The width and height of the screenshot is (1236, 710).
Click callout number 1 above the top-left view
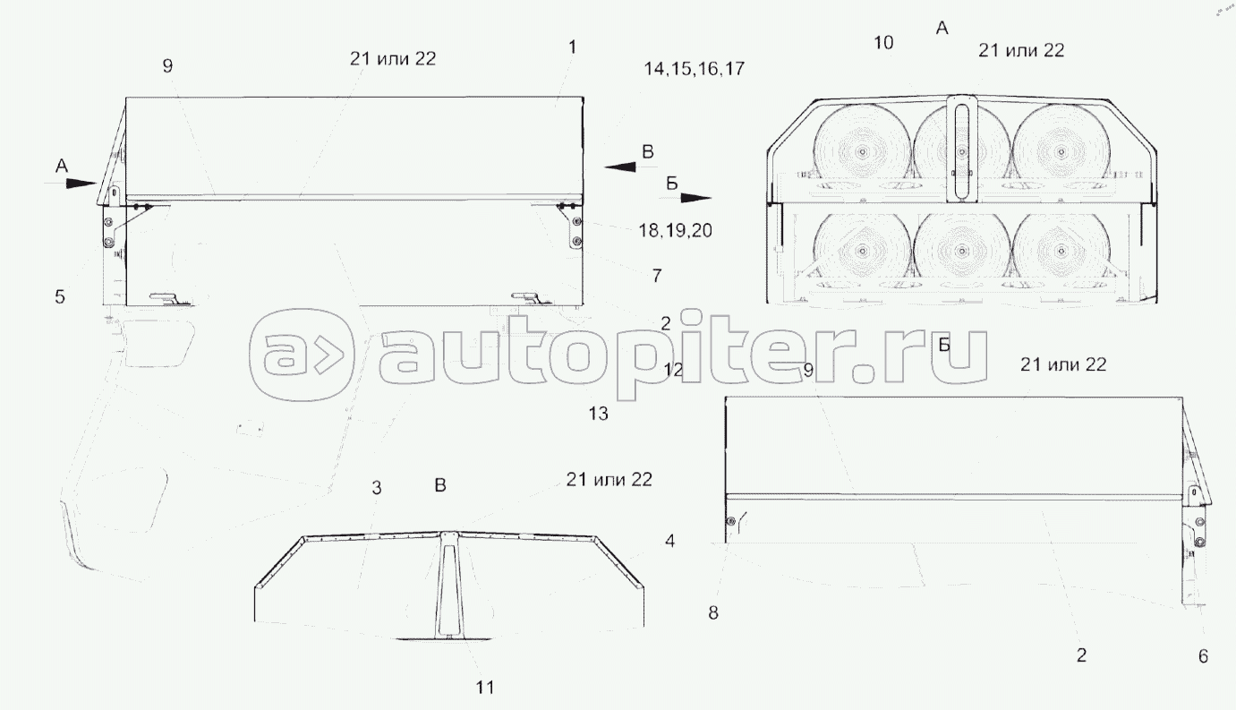pos(573,47)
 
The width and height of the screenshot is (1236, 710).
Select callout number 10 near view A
pos(883,42)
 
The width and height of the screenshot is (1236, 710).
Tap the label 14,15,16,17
pos(695,68)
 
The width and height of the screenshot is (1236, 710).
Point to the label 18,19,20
pos(675,230)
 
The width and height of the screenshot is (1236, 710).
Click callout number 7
pos(657,276)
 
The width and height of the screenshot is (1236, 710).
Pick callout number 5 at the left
pos(60,297)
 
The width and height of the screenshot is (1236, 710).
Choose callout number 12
pos(673,370)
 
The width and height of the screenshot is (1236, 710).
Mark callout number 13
pos(598,413)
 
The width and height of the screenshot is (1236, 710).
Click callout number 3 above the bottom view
pos(376,487)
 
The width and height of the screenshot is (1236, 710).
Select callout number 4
pos(669,541)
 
